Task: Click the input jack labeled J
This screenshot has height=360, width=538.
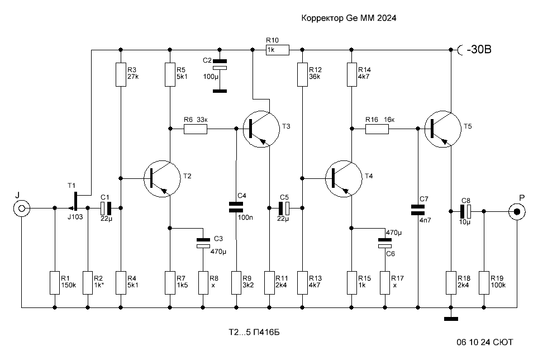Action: click(22, 209)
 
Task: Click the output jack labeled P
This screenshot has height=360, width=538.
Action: click(517, 212)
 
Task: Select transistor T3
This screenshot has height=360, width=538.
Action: click(261, 129)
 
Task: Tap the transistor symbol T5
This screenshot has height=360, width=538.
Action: click(442, 129)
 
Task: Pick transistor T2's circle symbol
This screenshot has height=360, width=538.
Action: click(162, 178)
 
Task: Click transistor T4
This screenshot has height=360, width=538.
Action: click(344, 178)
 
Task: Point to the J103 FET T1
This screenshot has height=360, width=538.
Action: click(74, 202)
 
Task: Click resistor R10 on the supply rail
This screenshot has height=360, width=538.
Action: click(278, 50)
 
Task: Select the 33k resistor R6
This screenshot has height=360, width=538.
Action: click(196, 129)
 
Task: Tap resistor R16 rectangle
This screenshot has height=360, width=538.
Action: click(377, 129)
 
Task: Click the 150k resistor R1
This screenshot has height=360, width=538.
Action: click(55, 283)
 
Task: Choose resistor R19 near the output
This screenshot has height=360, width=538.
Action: click(484, 283)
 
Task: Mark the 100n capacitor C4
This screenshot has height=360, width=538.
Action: click(236, 207)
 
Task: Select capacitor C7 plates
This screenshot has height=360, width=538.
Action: click(417, 210)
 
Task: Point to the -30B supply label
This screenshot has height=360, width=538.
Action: click(479, 50)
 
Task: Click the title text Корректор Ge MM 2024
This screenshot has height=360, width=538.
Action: click(349, 18)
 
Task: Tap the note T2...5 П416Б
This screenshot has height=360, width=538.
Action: click(254, 332)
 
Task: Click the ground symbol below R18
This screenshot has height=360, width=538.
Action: click(451, 319)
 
